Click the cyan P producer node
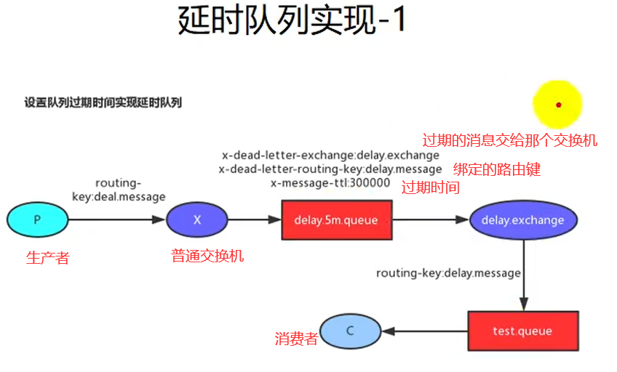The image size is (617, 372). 37,219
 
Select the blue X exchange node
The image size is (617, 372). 196,219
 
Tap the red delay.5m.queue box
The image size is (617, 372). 335,219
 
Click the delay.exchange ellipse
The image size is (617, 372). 523,219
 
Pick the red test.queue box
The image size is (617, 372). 522,331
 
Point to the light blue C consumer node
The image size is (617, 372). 350,331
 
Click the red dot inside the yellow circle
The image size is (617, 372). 558,105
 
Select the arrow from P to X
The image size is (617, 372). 116,219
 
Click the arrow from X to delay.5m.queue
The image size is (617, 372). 254,219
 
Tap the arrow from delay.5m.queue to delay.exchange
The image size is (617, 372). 429,219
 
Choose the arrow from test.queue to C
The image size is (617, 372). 425,331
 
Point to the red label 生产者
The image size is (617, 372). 47,258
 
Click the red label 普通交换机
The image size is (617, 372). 207,256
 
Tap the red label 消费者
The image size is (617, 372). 296,339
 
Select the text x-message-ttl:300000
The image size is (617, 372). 330,183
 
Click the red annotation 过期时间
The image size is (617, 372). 431,187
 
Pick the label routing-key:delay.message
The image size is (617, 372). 448,273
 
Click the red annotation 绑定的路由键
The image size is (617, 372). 497,170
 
